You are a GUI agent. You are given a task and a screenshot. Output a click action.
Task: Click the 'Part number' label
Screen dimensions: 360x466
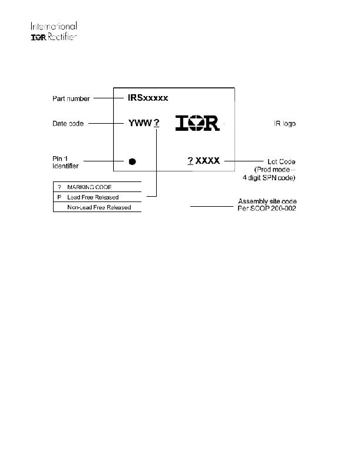coord(71,98)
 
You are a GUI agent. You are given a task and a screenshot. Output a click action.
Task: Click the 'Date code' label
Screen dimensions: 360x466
coord(68,123)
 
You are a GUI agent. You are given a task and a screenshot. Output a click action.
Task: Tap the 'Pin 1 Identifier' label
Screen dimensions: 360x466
coord(65,162)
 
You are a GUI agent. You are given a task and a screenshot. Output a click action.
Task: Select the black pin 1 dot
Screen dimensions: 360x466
coord(133,161)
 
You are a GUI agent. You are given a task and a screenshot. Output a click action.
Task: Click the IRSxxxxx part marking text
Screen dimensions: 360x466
coord(148,98)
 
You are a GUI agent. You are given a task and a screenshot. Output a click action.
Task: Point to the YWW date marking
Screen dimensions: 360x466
coord(140,123)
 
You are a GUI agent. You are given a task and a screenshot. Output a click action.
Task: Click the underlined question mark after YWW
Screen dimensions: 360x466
coord(157,123)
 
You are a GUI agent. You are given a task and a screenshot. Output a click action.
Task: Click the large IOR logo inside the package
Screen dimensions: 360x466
coord(198,123)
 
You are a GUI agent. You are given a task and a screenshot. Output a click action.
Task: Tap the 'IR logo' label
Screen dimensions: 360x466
coord(285,124)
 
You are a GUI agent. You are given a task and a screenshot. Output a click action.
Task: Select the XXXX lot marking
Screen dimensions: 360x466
coord(207,161)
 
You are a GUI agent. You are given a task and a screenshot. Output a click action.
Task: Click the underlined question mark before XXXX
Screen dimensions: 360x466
coord(190,161)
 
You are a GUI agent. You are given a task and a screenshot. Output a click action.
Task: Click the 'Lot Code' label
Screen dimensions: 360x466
coord(281,161)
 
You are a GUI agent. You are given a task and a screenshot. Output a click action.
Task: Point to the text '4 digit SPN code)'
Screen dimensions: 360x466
coord(269,178)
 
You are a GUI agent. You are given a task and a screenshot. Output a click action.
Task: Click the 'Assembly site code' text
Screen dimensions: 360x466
coord(267,201)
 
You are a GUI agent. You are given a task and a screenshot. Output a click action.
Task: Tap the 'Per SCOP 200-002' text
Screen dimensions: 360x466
coord(267,209)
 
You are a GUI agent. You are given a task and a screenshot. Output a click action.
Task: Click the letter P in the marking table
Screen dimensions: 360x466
coord(59,197)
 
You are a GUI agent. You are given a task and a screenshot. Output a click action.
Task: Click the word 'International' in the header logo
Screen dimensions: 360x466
coord(54,26)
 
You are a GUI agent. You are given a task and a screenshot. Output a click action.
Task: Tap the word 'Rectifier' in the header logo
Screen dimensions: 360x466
coord(62,37)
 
